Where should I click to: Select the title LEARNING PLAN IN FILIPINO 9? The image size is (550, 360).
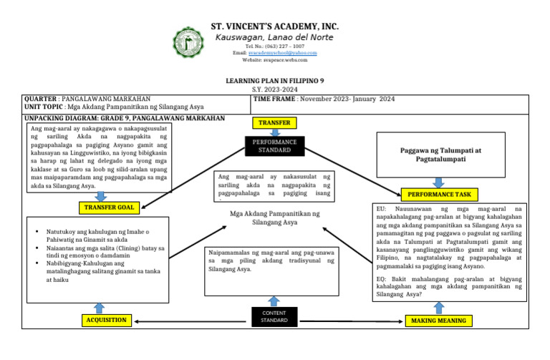pos(275,82)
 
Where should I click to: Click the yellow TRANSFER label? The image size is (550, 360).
pos(274,123)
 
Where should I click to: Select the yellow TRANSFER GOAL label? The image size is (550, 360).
pos(109,208)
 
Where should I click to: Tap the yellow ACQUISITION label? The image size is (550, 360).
pos(106,321)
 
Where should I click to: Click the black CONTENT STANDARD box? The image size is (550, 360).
pos(274,316)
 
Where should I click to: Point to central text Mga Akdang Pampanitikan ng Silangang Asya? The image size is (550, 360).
pos(275,218)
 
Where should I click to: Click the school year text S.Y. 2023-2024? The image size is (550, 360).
pos(275,89)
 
